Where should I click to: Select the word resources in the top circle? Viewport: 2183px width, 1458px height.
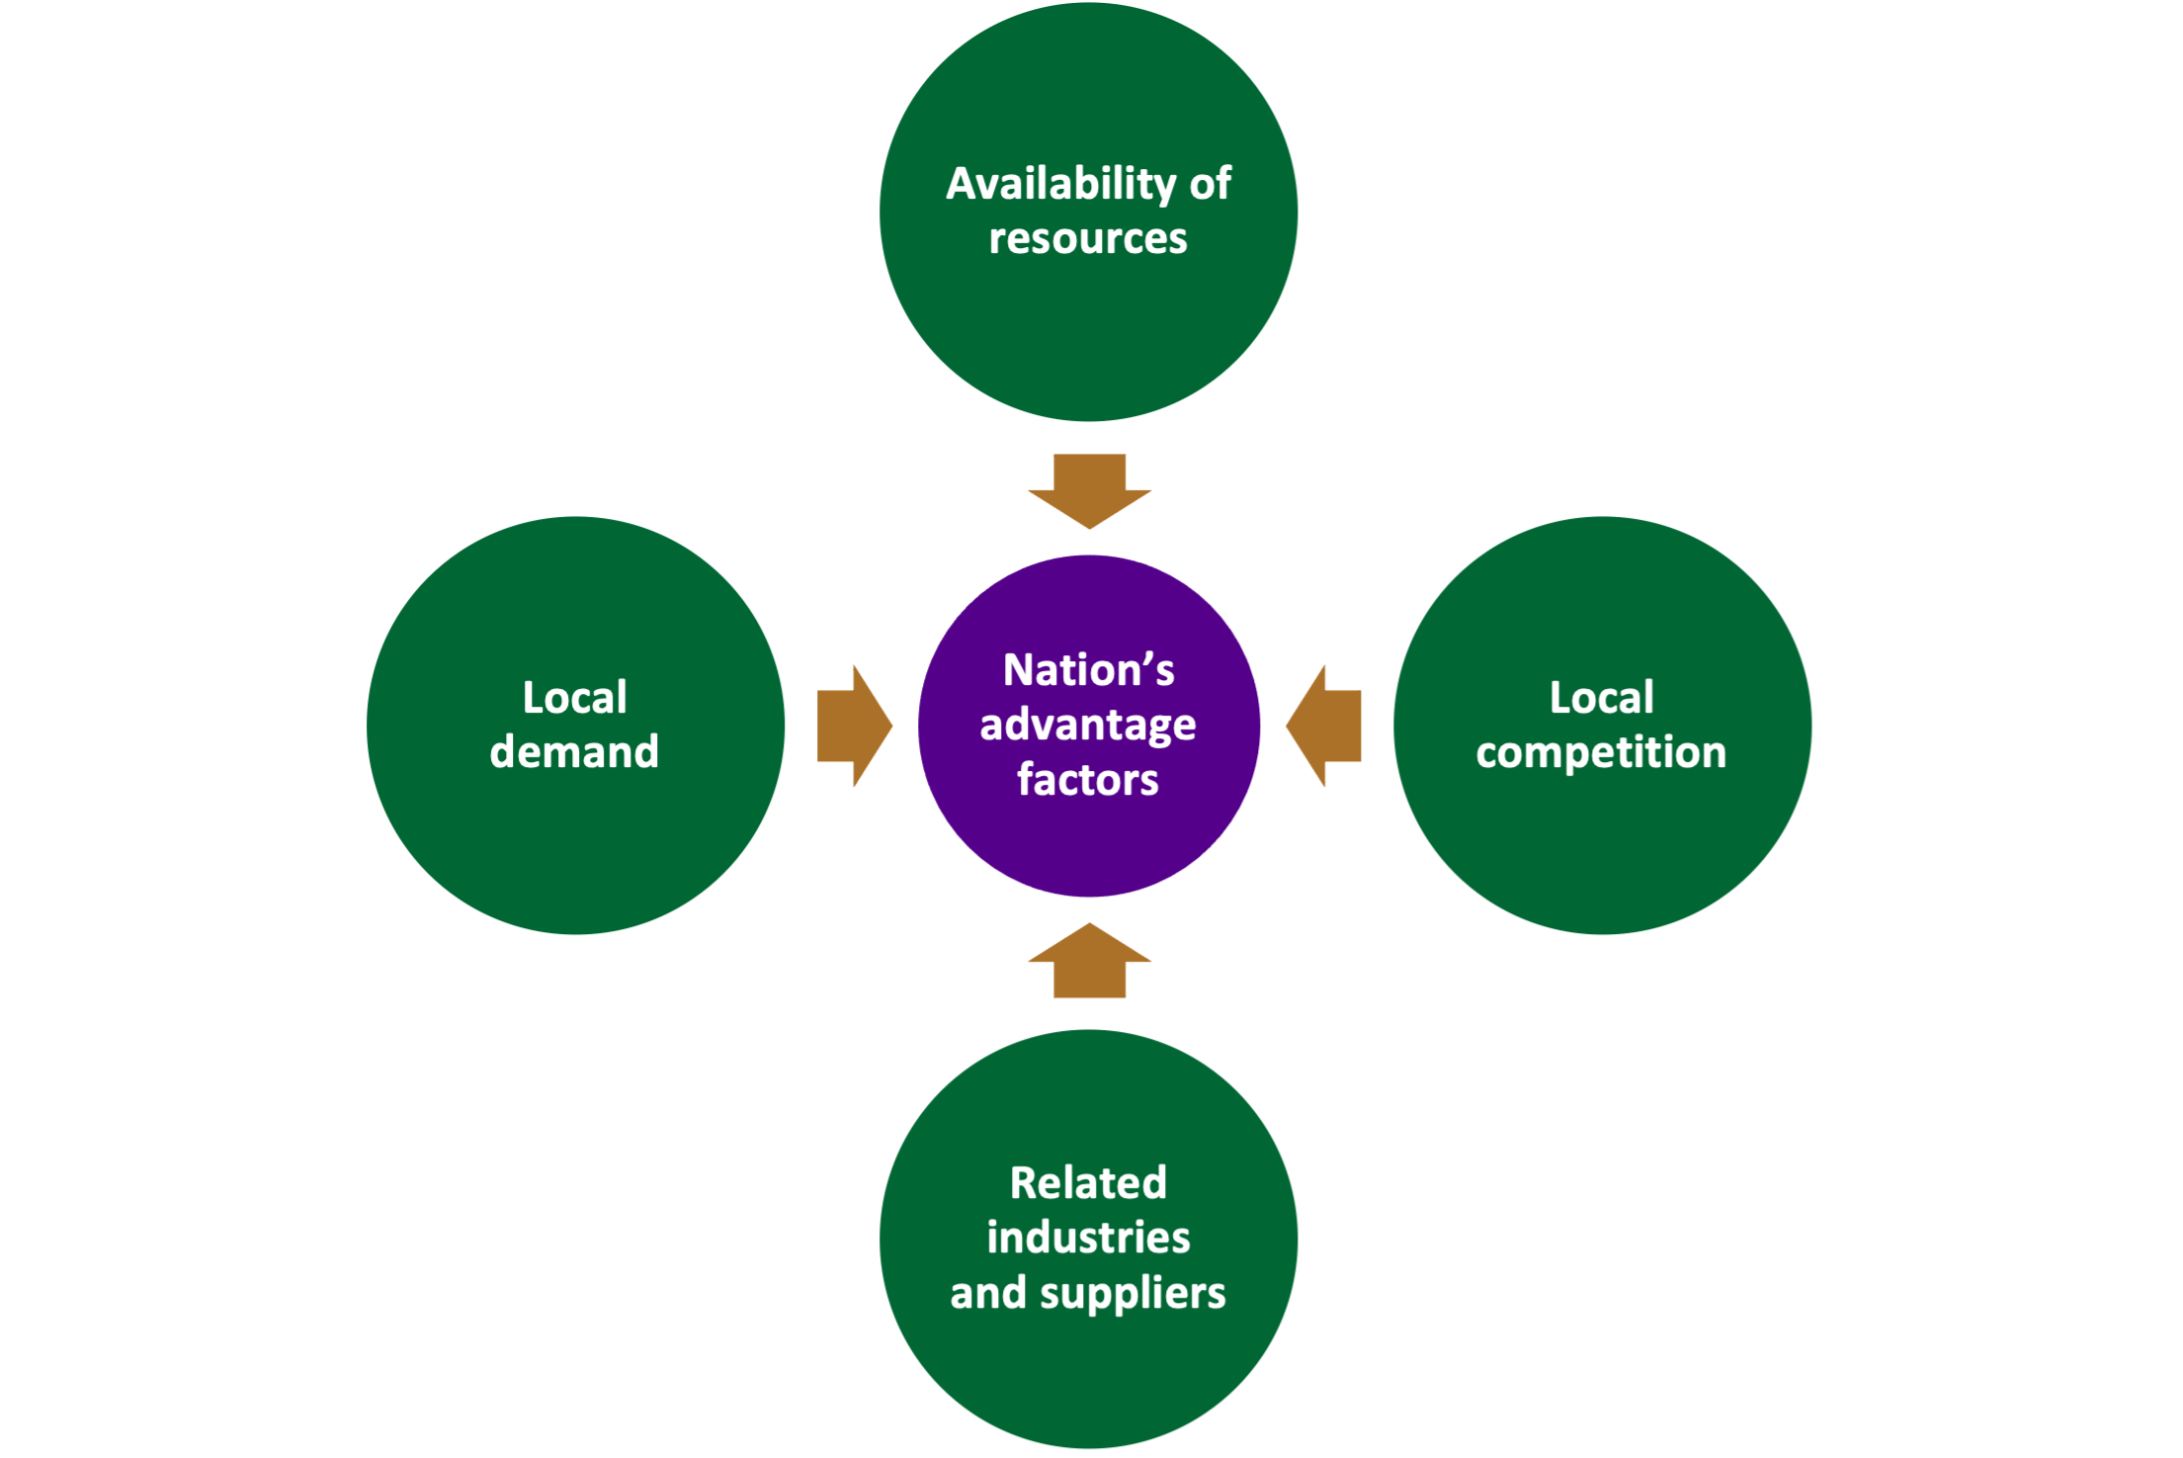(1088, 239)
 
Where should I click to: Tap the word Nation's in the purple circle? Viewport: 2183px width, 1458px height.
(1088, 670)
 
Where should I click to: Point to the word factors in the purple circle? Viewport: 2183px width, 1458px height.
(1088, 780)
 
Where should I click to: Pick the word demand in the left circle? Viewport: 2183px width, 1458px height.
(574, 752)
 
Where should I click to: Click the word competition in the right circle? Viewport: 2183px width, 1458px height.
(1601, 753)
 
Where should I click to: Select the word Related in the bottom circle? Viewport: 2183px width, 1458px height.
(1088, 1183)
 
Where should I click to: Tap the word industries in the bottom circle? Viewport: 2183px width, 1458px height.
(1088, 1238)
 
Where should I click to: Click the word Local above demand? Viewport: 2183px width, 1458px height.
(574, 698)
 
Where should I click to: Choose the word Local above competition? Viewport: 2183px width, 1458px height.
(1601, 698)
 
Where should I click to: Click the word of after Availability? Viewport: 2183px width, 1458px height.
(1210, 185)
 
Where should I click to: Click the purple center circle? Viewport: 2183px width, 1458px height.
(1088, 850)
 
